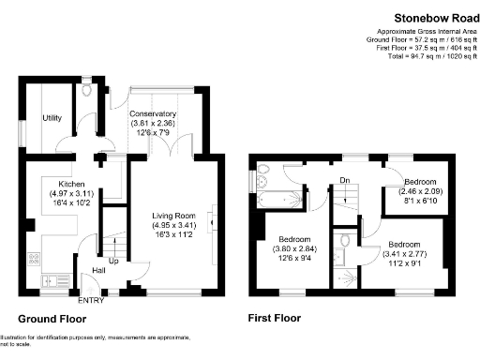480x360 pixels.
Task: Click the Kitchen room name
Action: point(72,184)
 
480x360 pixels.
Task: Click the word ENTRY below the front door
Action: point(92,300)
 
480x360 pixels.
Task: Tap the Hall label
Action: point(97,271)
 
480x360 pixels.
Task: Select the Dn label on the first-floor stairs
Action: point(345,181)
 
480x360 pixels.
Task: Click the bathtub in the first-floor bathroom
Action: point(281,199)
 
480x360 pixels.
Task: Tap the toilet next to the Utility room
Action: point(87,92)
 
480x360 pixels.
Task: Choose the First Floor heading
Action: point(274,318)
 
